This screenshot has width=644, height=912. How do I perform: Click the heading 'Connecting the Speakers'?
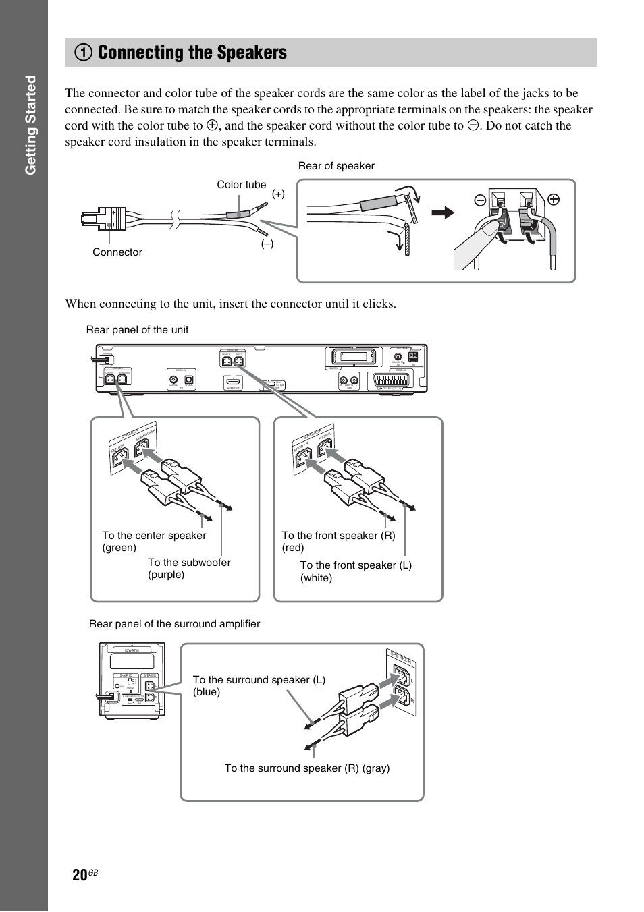192,53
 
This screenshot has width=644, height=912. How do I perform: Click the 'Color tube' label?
241,185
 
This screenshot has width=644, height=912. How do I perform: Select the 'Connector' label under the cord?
117,252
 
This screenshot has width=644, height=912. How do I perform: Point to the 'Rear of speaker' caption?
336,166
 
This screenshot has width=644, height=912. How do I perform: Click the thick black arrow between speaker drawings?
443,212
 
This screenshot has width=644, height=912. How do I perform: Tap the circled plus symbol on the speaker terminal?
553,200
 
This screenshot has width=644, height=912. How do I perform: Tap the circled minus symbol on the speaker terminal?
479,200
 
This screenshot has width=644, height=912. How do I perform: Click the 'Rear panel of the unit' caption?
137,330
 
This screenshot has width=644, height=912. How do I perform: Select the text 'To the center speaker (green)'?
154,542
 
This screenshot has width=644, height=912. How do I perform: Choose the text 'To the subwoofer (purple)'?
189,569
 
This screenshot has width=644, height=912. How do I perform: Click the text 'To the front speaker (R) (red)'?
338,542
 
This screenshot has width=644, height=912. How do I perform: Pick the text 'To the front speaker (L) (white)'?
356,571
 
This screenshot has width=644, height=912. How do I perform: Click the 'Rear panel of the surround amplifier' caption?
174,624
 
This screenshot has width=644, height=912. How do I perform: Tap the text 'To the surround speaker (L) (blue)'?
259,686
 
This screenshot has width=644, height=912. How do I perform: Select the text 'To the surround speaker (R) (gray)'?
307,768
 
